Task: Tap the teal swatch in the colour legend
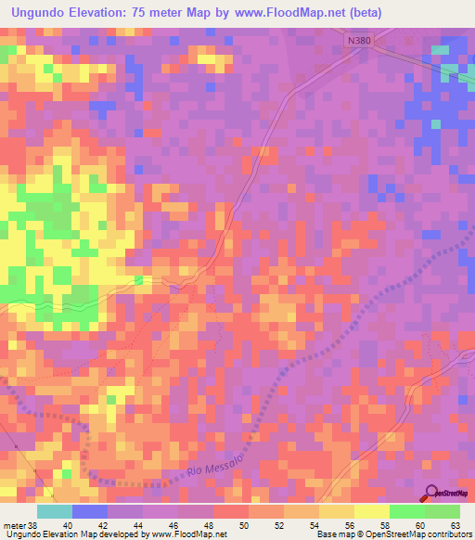click(x=54, y=511)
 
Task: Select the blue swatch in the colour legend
click(x=90, y=511)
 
